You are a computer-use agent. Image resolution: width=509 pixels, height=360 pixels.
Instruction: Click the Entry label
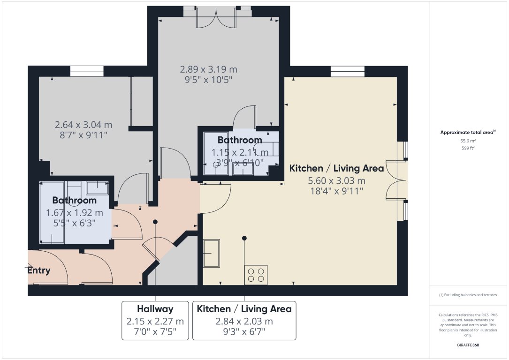38,270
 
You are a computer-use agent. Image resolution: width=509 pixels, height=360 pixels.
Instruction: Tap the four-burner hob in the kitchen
256,275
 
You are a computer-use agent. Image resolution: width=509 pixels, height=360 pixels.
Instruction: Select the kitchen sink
212,253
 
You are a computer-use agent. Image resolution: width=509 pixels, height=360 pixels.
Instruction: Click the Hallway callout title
155,309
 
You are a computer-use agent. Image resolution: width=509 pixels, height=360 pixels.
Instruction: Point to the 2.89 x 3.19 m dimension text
209,69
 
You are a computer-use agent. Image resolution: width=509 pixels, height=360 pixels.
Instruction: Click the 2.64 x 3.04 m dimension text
84,125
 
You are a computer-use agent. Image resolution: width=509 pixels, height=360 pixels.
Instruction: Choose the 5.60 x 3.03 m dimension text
336,181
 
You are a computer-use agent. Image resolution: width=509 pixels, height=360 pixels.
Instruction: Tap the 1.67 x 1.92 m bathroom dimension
74,213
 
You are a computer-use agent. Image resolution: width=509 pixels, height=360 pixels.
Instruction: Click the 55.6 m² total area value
468,141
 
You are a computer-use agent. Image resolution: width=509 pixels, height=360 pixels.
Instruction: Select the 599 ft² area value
468,148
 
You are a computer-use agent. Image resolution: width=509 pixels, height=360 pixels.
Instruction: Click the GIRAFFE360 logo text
468,345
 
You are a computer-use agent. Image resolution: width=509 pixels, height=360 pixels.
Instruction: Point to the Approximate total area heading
468,133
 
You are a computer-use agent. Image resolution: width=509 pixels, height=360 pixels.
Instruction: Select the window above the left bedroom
87,71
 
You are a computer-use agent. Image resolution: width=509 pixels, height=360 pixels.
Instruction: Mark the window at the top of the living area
348,71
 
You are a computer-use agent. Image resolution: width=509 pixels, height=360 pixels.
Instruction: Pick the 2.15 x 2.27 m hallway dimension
155,322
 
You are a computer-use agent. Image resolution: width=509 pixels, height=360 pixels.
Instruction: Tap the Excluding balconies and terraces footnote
468,295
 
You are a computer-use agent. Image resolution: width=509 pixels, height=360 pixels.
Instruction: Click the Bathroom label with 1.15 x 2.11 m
239,140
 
